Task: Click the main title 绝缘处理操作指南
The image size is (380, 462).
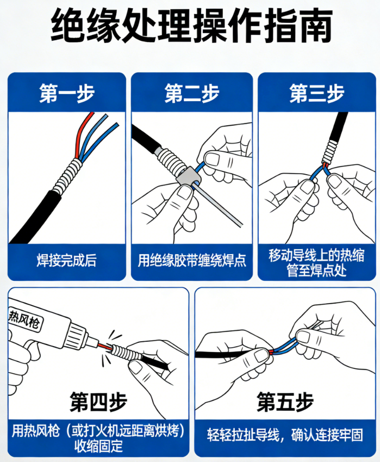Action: click(x=190, y=26)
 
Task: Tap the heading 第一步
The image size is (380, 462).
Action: click(x=67, y=93)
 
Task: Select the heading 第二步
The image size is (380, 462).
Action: click(x=192, y=93)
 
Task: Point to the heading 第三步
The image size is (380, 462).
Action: click(x=317, y=93)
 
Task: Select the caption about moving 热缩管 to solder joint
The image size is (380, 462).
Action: click(x=317, y=262)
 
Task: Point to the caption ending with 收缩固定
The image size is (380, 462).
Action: click(x=98, y=439)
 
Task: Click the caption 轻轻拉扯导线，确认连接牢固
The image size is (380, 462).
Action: click(x=285, y=435)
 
